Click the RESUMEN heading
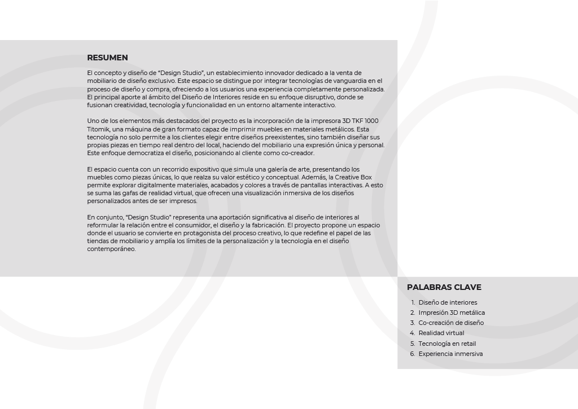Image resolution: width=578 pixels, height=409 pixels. click(107, 58)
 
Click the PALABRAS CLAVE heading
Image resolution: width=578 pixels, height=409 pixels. click(444, 287)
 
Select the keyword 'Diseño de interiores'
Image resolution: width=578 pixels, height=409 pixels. click(448, 302)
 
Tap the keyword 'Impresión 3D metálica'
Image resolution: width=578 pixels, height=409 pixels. click(452, 313)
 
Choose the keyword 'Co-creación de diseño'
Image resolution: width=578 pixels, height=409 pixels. click(451, 323)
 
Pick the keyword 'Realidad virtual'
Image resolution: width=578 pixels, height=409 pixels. click(441, 333)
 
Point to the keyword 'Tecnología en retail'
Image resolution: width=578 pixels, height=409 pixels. click(447, 344)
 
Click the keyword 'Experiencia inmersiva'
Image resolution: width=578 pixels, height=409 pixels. click(450, 354)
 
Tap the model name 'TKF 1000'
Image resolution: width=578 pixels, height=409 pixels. click(365, 121)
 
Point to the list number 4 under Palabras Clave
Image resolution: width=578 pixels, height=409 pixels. click(413, 333)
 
